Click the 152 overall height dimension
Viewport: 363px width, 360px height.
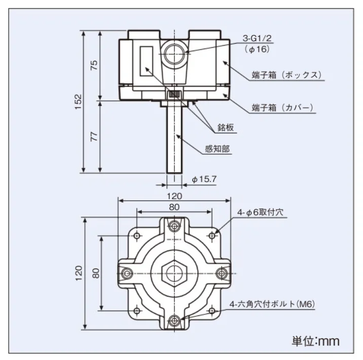coord(79,101)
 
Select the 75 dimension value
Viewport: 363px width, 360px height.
coord(94,65)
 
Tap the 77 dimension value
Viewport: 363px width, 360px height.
coord(94,136)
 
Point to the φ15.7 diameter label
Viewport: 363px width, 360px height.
coord(204,179)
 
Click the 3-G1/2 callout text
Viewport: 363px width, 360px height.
coord(257,38)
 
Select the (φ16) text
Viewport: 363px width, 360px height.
coord(257,49)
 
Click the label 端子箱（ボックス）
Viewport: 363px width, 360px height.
coord(286,75)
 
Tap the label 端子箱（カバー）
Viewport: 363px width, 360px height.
coord(282,107)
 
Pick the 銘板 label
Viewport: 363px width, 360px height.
coord(226,127)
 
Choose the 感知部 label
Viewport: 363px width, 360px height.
coord(217,149)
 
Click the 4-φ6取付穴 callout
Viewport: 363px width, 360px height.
coord(260,212)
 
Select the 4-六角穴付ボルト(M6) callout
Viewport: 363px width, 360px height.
coord(272,304)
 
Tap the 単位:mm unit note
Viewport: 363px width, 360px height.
coord(315,341)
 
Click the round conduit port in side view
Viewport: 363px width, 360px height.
coord(174,54)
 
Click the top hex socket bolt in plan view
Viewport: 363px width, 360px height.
coord(174,226)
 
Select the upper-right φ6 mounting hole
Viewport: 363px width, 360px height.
coord(212,236)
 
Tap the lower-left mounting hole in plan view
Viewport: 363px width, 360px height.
coord(137,310)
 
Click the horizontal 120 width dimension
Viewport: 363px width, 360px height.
coord(174,196)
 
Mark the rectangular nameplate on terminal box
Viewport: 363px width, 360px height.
coord(147,61)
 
